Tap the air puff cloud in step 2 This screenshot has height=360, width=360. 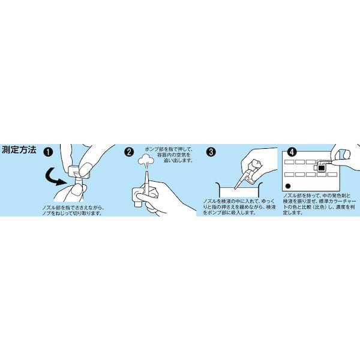144,160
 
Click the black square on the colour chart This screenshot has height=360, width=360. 322,169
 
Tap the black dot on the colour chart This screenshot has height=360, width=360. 289,185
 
